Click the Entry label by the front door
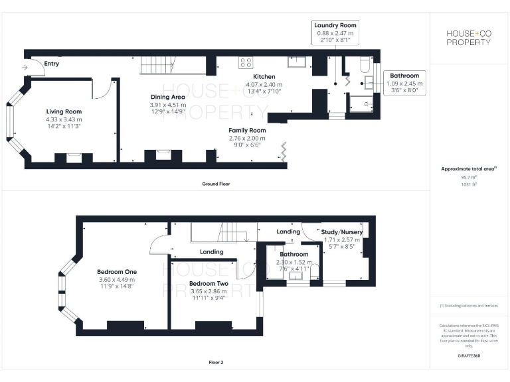[x=51, y=64]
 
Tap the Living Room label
[x=64, y=111]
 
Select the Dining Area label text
[x=167, y=97]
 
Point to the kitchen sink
[x=296, y=62]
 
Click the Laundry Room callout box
[x=336, y=32]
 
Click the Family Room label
[x=247, y=131]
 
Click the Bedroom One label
[x=117, y=272]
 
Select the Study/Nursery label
[x=341, y=232]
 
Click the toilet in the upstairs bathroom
[x=315, y=271]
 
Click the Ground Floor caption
[x=216, y=183]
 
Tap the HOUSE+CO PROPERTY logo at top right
[x=468, y=38]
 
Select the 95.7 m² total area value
[x=469, y=177]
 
